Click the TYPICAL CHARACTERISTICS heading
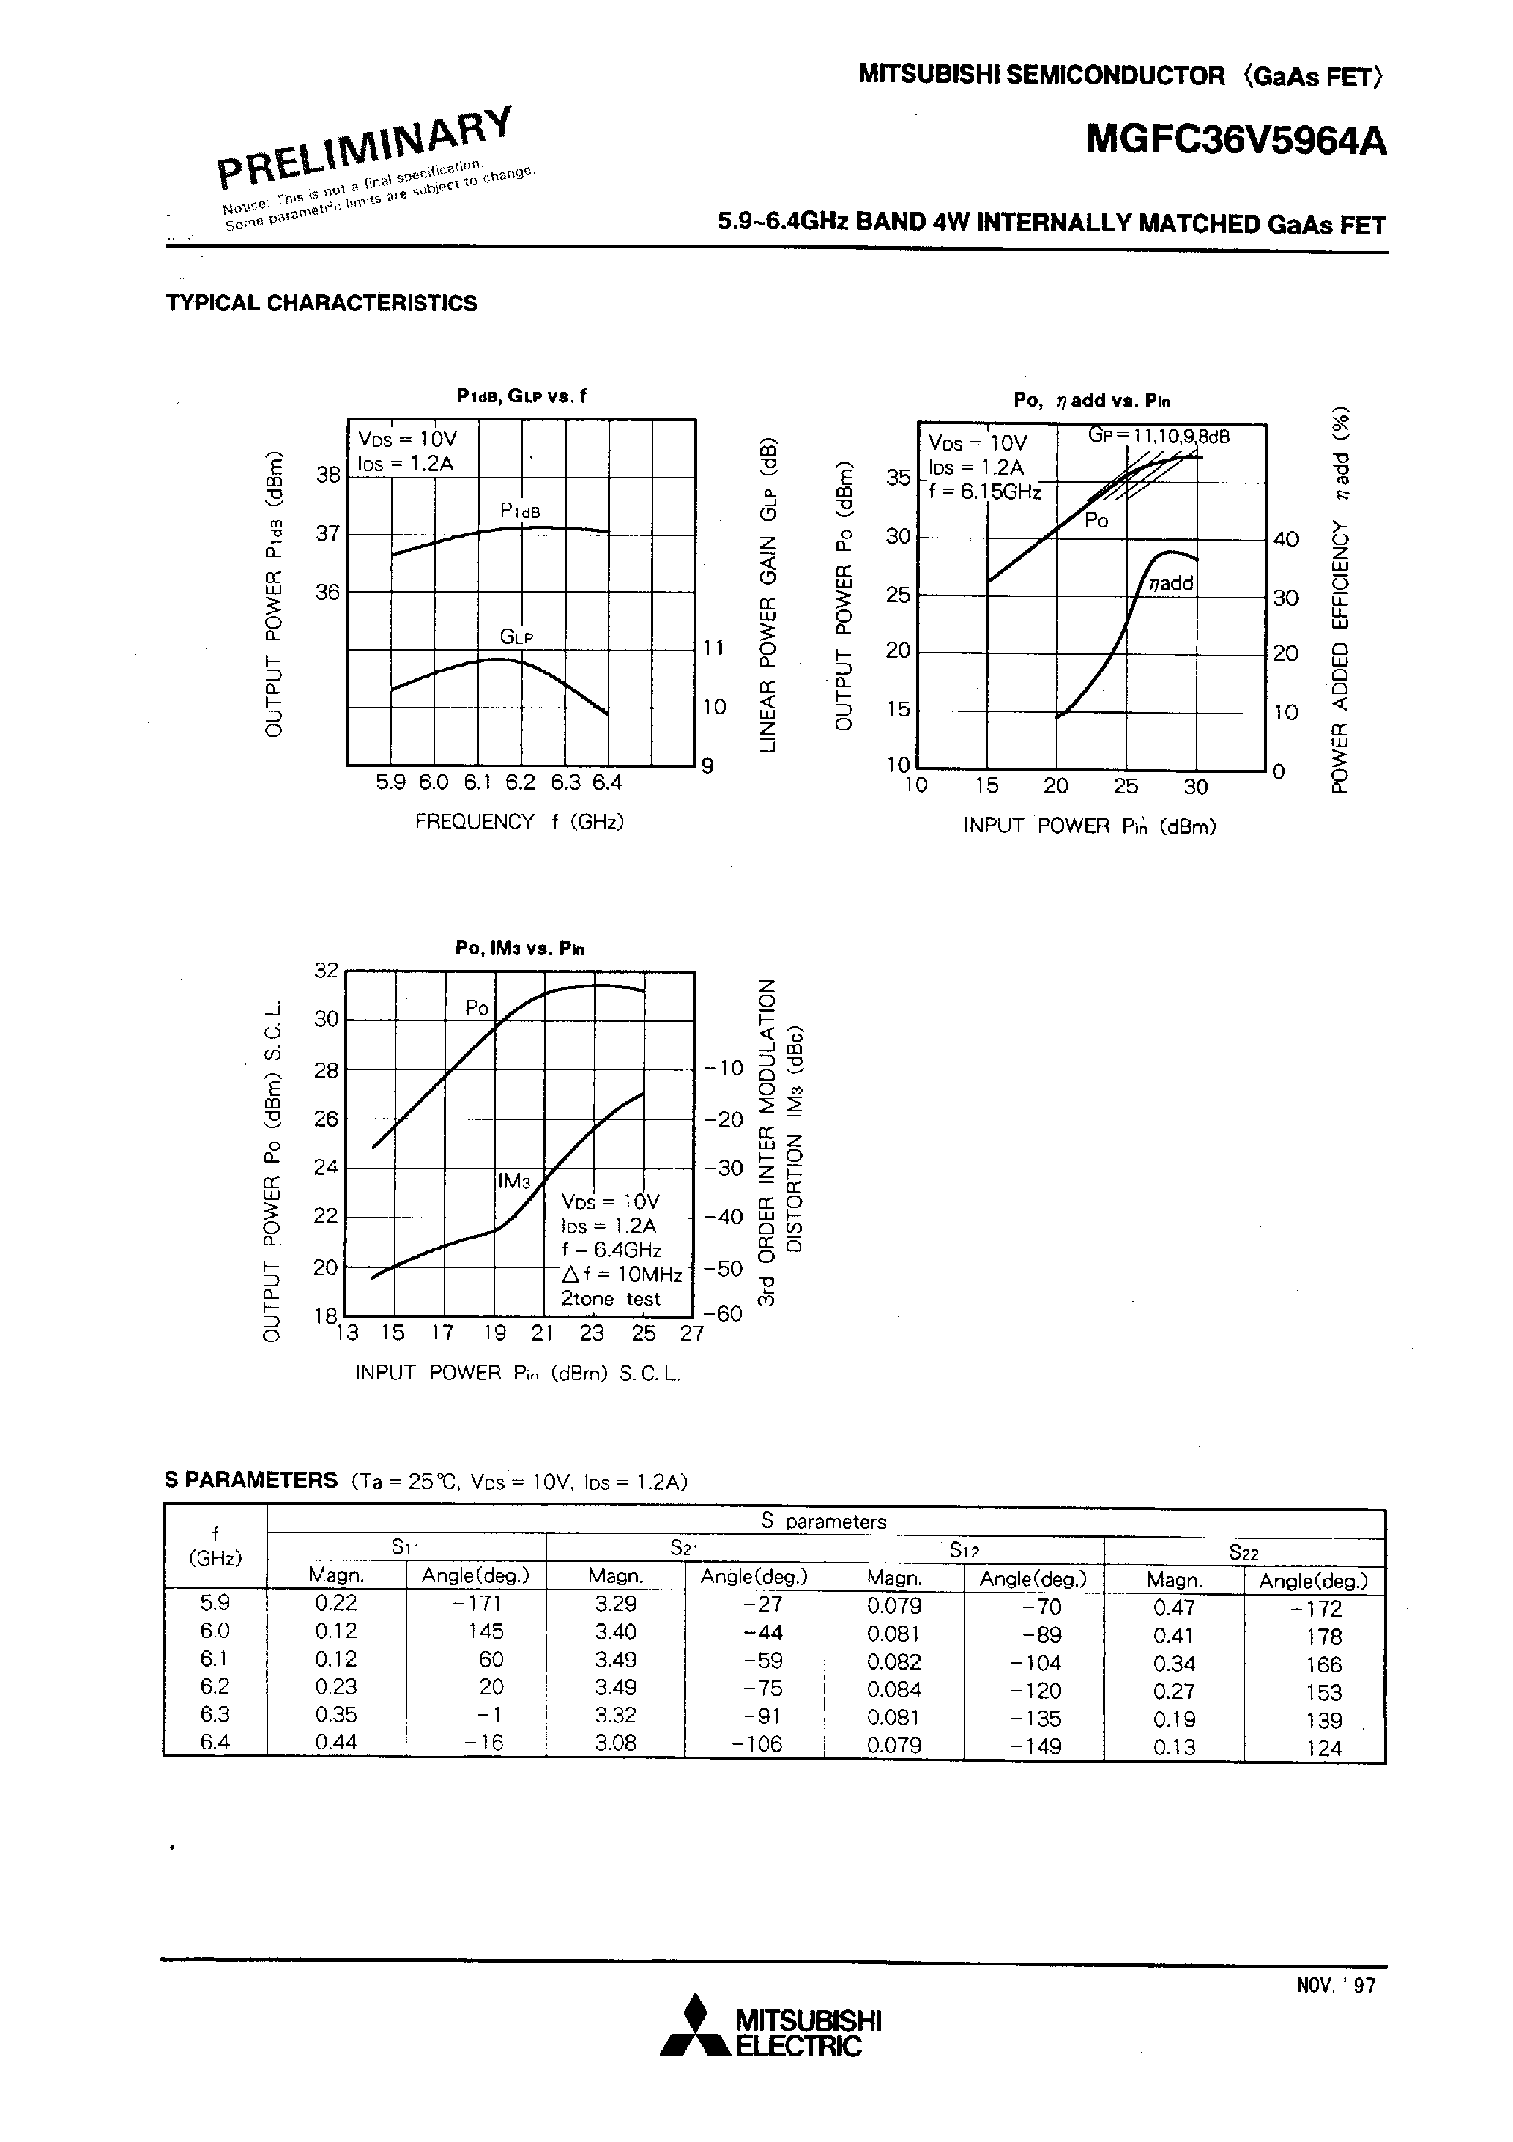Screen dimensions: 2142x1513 tap(321, 303)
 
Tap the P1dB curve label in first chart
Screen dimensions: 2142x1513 tap(519, 511)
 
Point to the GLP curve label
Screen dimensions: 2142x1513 tap(516, 637)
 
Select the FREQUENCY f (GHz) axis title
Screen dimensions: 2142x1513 tap(518, 821)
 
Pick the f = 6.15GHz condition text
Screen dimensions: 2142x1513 tap(984, 492)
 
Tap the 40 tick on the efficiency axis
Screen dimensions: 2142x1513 tap(1285, 539)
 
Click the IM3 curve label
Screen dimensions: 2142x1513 tap(514, 1180)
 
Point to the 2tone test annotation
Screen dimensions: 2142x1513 tap(610, 1299)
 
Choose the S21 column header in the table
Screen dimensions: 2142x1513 tap(684, 1548)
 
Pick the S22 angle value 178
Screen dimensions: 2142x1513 tap(1323, 1637)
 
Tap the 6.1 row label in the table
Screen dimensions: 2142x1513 tap(215, 1658)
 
